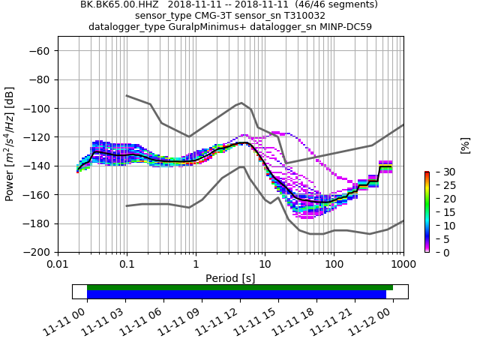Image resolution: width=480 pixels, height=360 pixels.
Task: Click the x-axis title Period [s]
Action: (x=230, y=278)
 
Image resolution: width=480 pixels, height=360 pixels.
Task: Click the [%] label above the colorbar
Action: (x=465, y=145)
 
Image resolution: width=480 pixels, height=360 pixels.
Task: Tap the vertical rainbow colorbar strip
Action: (x=427, y=211)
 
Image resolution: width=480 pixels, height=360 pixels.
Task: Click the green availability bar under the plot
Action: (x=240, y=287)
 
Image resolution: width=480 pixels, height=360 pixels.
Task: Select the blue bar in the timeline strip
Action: (x=236, y=295)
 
